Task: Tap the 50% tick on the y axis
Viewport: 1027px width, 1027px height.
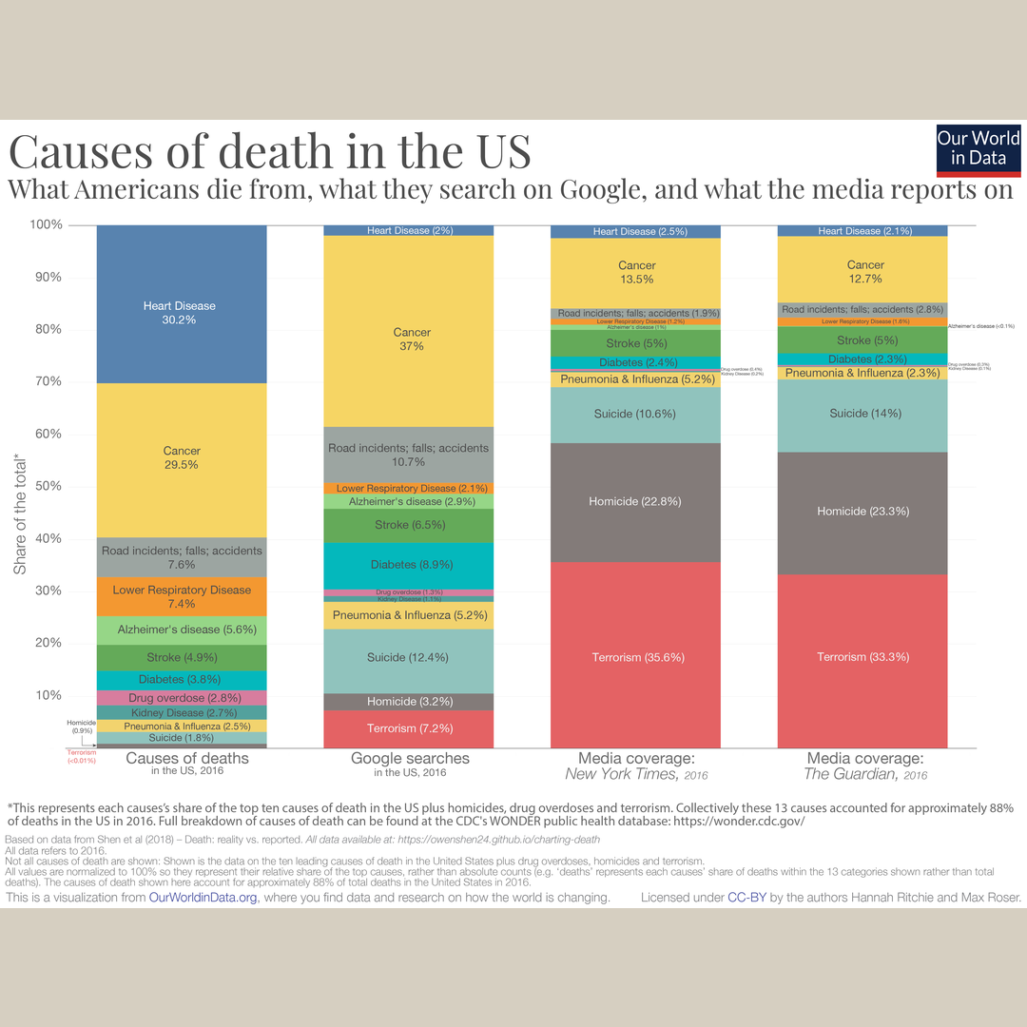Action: click(47, 486)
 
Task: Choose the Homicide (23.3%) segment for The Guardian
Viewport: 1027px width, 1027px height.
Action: click(863, 512)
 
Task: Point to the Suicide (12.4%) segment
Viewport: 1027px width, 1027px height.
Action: click(408, 658)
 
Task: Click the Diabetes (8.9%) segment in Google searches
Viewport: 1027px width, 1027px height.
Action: click(408, 565)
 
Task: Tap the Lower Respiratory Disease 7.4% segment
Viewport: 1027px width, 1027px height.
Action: click(181, 596)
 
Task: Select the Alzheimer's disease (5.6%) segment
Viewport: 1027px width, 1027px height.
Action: click(181, 630)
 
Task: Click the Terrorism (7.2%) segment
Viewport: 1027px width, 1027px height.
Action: click(410, 728)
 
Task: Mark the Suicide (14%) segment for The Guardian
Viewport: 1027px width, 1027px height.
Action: click(863, 414)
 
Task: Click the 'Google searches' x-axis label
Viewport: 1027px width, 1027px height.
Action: click(410, 758)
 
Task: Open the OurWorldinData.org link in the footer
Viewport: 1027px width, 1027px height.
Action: click(203, 898)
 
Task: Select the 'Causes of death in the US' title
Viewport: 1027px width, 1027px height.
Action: click(269, 151)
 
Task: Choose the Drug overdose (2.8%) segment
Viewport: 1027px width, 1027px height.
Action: click(181, 698)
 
